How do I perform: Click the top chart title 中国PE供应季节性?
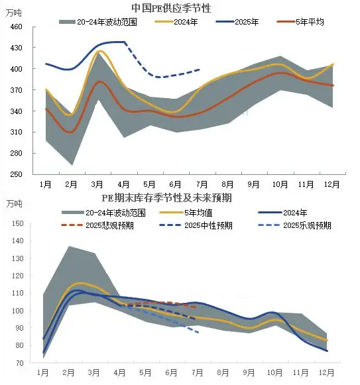pos(171,8)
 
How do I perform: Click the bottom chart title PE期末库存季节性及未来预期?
pos(167,198)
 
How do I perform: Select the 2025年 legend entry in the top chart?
pos(237,22)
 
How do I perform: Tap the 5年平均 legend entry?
pos(300,22)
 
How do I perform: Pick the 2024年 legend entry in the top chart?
pos(176,22)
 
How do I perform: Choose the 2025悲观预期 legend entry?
pos(97,225)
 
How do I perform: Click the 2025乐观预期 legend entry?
pos(295,225)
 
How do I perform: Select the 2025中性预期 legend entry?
pos(196,225)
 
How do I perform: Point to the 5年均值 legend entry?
pos(186,213)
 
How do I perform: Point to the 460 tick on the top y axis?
pos(16,27)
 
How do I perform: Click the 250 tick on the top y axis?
pos(16,174)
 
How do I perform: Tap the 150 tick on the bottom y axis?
pos(18,223)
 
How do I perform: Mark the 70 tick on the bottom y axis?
pos(20,363)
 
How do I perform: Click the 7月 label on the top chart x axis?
pos(202,184)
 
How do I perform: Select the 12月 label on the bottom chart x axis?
pos(327,372)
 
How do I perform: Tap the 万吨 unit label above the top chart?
pos(14,13)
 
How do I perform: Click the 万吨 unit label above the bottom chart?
pos(14,203)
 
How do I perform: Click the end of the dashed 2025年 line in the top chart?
pos(200,70)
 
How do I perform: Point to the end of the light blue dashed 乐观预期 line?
pos(198,333)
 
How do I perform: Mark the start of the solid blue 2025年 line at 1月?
pos(46,64)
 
